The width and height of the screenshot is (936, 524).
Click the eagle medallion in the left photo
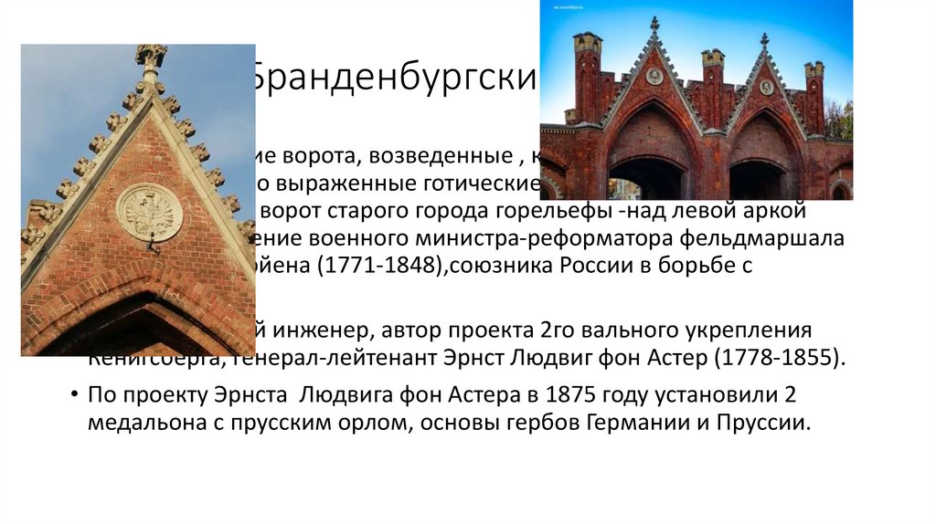tap(149, 212)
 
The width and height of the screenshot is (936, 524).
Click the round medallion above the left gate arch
tap(654, 77)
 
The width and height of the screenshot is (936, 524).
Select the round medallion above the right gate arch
tap(766, 88)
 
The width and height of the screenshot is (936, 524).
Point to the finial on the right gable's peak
tap(764, 42)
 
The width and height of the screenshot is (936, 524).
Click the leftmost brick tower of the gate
tap(587, 78)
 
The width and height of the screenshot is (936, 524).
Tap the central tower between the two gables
tap(712, 87)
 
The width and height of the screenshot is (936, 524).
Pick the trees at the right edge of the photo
tap(839, 119)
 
